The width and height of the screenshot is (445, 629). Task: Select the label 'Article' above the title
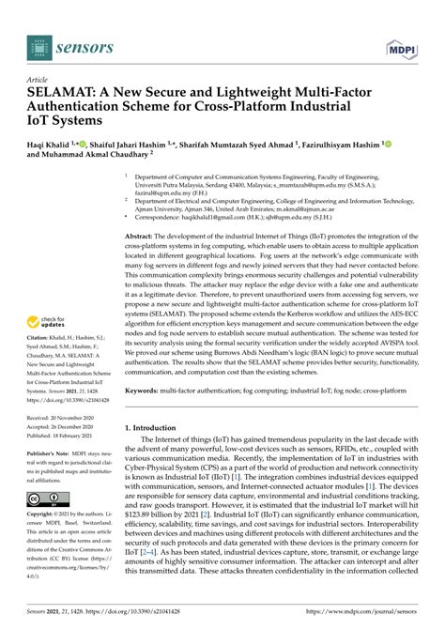click(x=38, y=82)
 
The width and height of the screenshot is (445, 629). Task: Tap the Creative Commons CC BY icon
click(x=47, y=498)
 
